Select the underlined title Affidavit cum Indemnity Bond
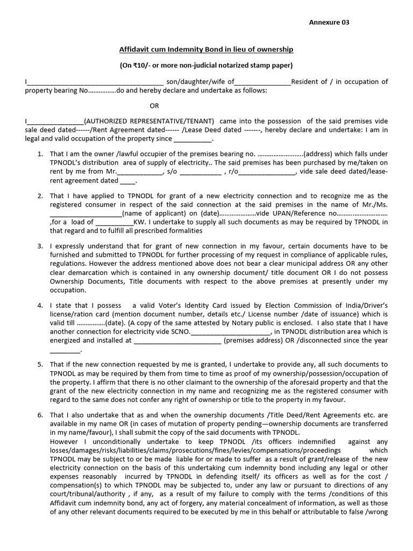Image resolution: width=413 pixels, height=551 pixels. pos(206,50)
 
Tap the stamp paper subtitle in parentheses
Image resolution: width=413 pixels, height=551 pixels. pos(206,66)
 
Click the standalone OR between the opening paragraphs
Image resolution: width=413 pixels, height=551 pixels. pos(154,105)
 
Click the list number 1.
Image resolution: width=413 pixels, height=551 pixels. pos(40,154)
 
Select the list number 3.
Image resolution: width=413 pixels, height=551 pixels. pos(40,246)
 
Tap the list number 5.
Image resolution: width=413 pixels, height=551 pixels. pos(40,365)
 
